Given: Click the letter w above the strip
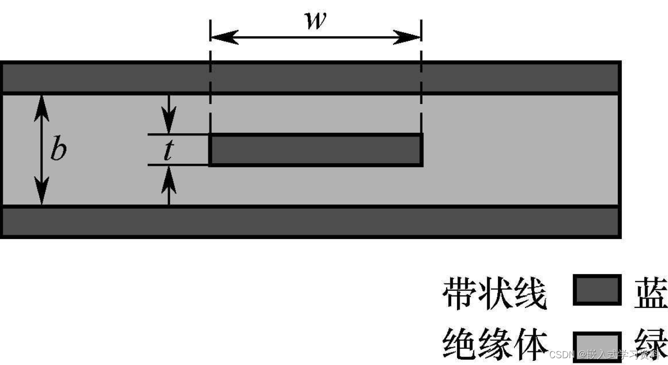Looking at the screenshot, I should pyautogui.click(x=315, y=20).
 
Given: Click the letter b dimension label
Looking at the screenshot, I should pyautogui.click(x=58, y=151).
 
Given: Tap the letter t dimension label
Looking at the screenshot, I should pyautogui.click(x=168, y=151).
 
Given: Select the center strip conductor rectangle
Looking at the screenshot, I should pyautogui.click(x=316, y=150).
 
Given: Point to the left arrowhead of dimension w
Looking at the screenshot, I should pyautogui.click(x=222, y=37).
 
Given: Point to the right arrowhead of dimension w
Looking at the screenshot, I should pyautogui.click(x=409, y=37).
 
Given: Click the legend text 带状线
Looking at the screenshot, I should pyautogui.click(x=494, y=293).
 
